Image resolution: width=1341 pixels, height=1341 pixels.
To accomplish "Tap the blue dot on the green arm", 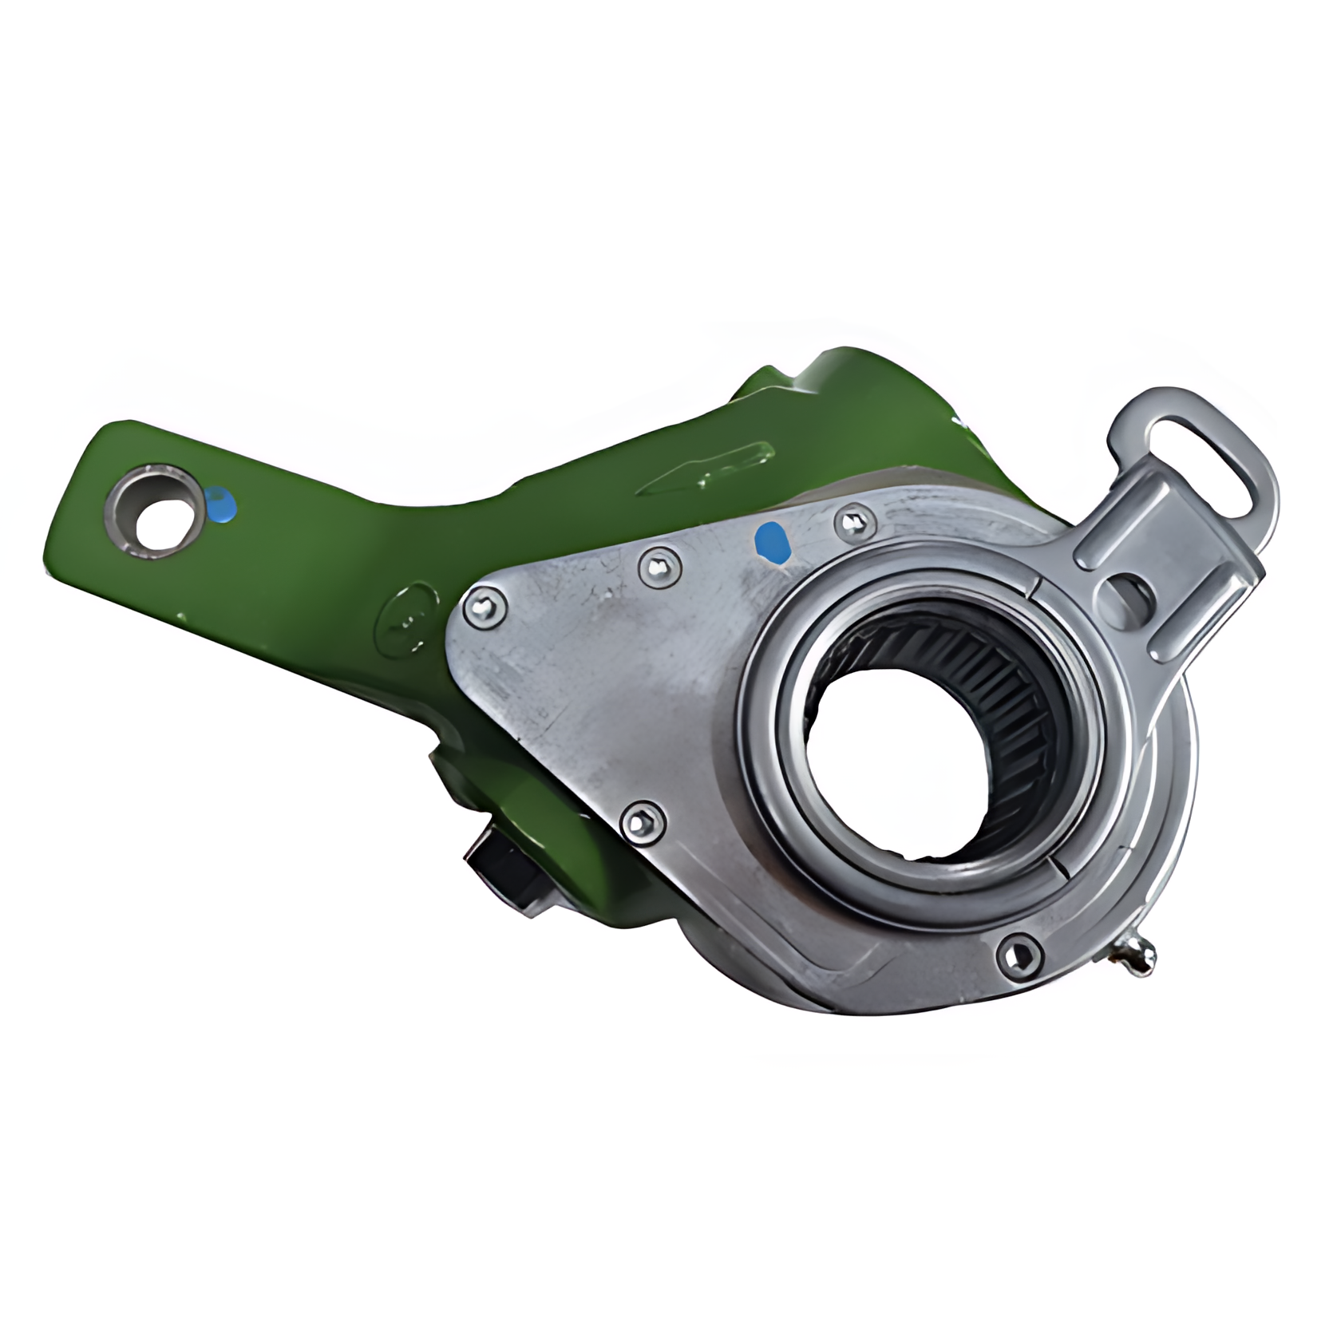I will (220, 505).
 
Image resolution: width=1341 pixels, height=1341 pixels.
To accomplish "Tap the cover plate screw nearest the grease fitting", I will (1020, 952).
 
